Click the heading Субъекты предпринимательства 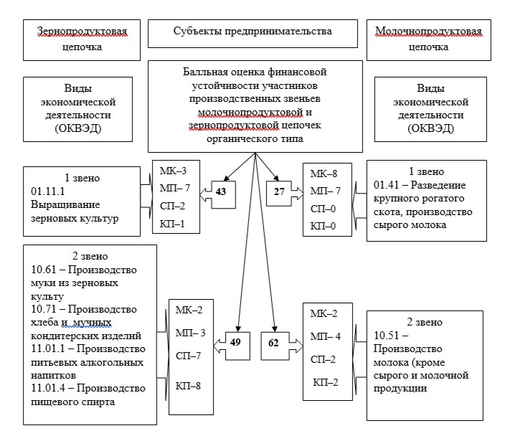pyautogui.click(x=252, y=32)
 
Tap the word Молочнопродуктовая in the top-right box pyautogui.click(x=428, y=32)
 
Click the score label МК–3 pyautogui.click(x=174, y=171)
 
